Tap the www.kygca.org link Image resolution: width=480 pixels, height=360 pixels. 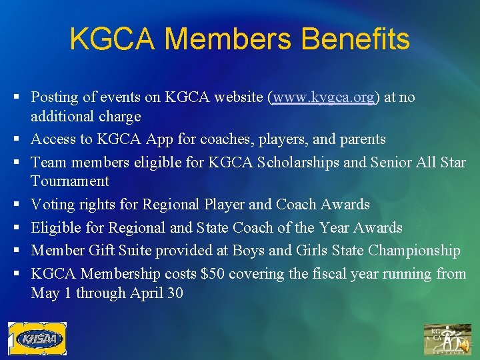[323, 97]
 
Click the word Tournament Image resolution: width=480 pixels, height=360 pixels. [69, 181]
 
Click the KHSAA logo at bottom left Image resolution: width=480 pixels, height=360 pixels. [37, 339]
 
